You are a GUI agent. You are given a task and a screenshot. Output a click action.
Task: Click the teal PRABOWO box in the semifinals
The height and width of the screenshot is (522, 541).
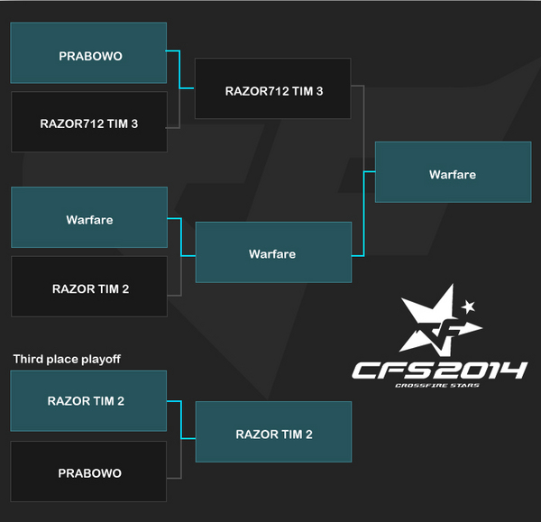click(x=88, y=54)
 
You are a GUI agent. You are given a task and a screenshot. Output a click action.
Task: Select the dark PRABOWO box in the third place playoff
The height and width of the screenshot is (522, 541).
click(x=88, y=472)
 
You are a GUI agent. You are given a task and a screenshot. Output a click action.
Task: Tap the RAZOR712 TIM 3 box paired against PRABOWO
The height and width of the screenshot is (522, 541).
click(x=88, y=123)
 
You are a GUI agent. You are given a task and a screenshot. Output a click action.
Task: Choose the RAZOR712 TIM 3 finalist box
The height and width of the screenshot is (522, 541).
click(x=273, y=90)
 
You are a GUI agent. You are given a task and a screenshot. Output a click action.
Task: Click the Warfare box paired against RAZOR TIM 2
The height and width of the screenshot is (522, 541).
click(x=88, y=218)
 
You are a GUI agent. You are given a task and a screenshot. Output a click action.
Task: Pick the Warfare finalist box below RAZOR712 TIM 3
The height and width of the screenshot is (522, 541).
click(x=273, y=253)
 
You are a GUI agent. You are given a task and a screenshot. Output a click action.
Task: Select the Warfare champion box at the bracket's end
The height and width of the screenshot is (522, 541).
click(x=452, y=173)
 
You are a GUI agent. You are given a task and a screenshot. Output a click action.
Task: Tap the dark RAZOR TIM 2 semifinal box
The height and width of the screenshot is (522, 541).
click(x=88, y=288)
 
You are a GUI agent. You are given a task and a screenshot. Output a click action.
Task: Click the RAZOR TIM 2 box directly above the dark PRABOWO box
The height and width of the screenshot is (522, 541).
click(x=88, y=401)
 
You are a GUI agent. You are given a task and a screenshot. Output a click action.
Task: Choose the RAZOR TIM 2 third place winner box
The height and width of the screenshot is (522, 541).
click(x=273, y=434)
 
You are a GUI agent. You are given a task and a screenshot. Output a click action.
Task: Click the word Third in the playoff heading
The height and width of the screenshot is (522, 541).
click(x=28, y=359)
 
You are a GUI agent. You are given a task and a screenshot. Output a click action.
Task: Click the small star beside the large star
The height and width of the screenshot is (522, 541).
click(x=468, y=307)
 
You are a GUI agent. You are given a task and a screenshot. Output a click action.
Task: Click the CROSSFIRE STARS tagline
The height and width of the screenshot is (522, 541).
click(x=438, y=385)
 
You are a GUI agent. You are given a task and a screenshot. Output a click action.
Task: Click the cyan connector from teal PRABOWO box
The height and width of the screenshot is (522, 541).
click(x=180, y=71)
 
